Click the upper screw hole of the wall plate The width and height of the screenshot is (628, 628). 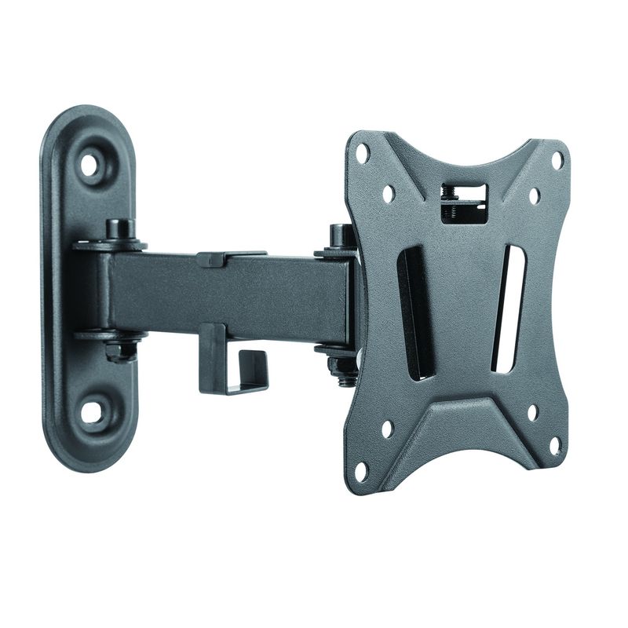[90, 165]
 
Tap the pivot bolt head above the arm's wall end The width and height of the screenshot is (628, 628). [119, 229]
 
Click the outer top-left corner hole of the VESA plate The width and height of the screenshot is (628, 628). [363, 153]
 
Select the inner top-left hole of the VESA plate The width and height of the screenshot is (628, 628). [388, 193]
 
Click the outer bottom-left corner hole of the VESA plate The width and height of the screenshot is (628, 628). [362, 471]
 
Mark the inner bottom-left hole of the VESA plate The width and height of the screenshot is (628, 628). [386, 429]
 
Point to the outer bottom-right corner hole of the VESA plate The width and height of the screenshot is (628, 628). [555, 445]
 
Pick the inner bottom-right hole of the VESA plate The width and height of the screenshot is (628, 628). [533, 412]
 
